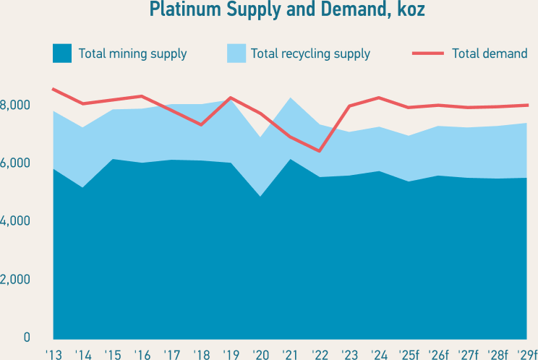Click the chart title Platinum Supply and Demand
coord(286,10)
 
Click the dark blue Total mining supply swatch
coord(62,53)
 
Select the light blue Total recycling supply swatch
coord(236,53)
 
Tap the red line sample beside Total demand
coord(427,53)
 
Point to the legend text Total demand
coord(490,53)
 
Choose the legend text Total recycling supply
coord(310,53)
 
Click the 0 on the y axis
coord(26,337)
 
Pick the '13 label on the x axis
coord(53,354)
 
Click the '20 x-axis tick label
coord(260,354)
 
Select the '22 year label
coord(320,354)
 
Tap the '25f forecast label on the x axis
coord(410,354)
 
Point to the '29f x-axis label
coord(527,354)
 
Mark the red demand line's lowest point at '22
coord(320,151)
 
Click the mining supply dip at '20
coord(260,196)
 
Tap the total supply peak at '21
coord(290,98)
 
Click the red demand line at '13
coord(53,89)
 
